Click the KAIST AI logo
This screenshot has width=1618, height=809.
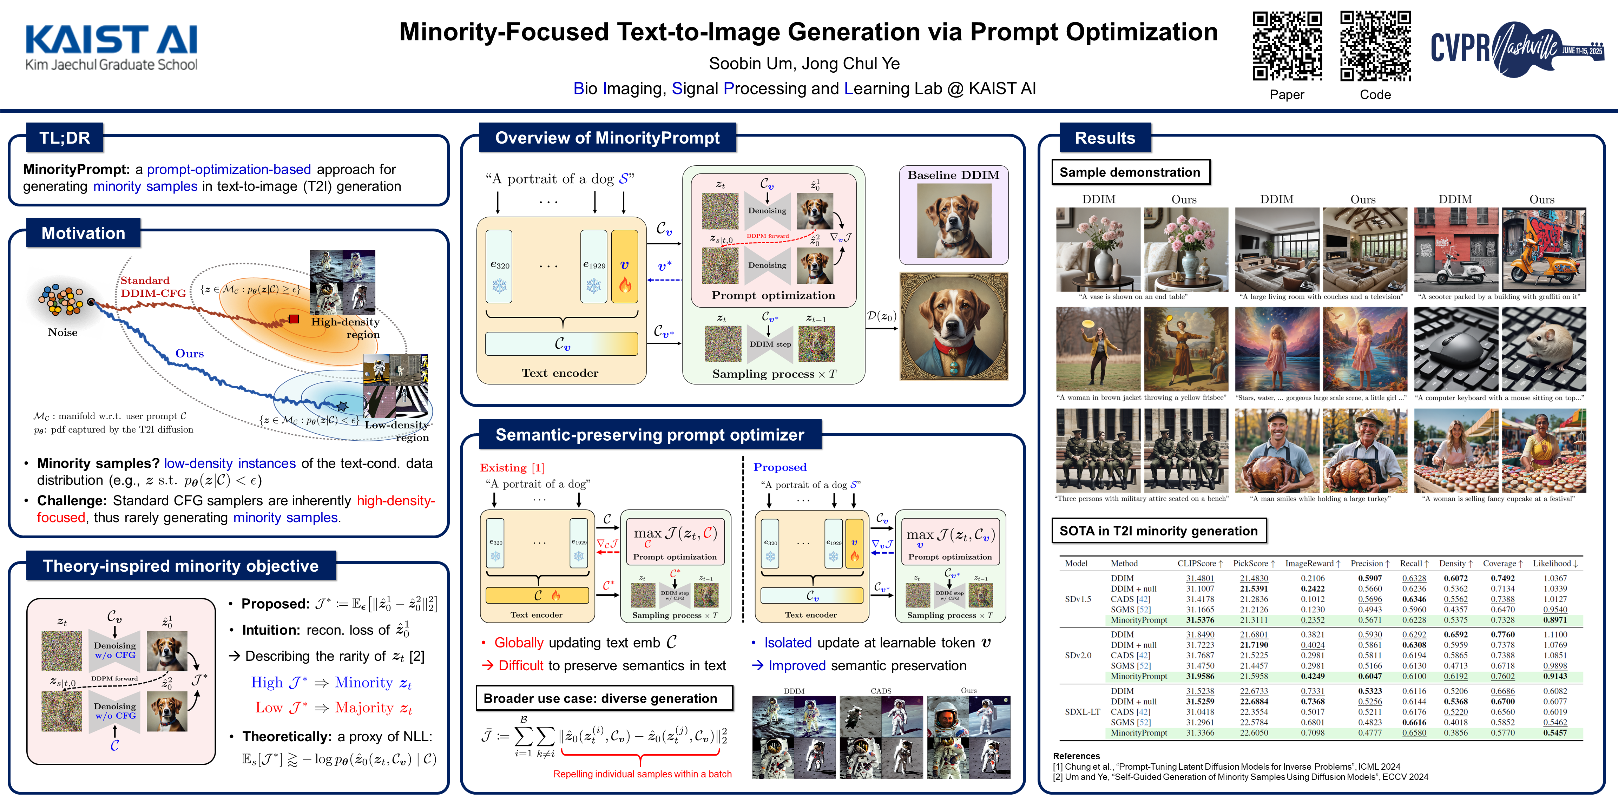(x=111, y=47)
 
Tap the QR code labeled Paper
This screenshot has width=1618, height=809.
(x=1287, y=46)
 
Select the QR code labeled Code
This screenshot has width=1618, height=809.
(x=1375, y=46)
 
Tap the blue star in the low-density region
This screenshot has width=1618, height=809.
(x=342, y=406)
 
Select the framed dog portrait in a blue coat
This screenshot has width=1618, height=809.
(x=953, y=327)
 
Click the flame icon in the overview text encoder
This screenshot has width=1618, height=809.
(x=624, y=286)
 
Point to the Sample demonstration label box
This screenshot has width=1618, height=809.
(x=1130, y=172)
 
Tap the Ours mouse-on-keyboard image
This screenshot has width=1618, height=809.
(x=1543, y=349)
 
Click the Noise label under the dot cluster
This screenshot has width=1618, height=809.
(x=63, y=332)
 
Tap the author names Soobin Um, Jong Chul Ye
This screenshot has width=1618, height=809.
(x=804, y=64)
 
